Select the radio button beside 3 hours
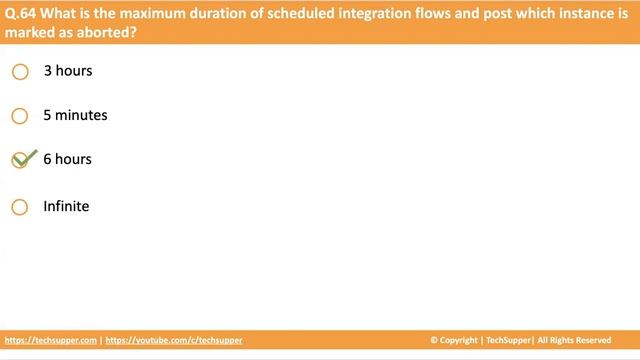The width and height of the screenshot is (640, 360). tap(20, 72)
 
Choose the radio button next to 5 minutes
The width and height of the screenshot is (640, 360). tap(20, 116)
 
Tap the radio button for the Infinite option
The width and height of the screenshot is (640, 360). tap(20, 207)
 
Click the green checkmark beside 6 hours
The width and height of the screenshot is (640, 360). tap(23, 159)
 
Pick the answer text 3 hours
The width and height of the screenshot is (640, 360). tap(67, 71)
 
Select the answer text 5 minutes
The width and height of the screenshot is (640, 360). tap(75, 115)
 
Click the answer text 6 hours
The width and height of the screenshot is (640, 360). tap(67, 159)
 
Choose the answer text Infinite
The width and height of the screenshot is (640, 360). tap(66, 206)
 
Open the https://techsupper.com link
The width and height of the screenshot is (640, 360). tap(51, 340)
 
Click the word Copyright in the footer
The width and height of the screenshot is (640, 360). tap(463, 340)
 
